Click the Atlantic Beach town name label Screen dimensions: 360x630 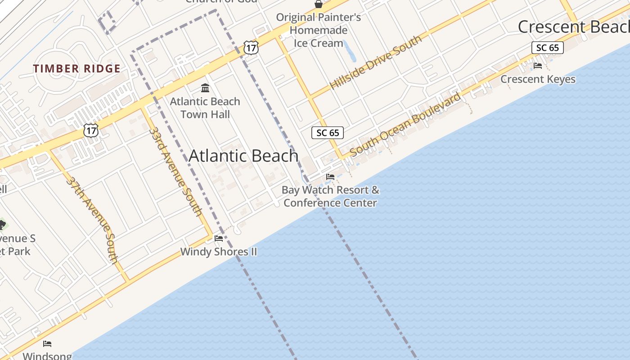pyautogui.click(x=243, y=156)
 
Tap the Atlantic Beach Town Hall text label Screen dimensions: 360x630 pyautogui.click(x=205, y=108)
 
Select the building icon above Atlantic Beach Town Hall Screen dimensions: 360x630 pyautogui.click(x=205, y=87)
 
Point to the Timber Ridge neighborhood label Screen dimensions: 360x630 pyautogui.click(x=76, y=69)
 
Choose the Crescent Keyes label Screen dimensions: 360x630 pyautogui.click(x=538, y=79)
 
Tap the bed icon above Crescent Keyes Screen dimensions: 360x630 pyautogui.click(x=538, y=66)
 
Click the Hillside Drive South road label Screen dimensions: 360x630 pyautogui.click(x=376, y=62)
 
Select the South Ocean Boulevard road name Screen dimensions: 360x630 pyautogui.click(x=405, y=125)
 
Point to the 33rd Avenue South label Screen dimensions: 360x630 pyautogui.click(x=175, y=171)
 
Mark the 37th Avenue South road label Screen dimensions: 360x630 pyautogui.click(x=92, y=220)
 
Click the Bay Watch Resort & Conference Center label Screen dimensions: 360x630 pyautogui.click(x=330, y=196)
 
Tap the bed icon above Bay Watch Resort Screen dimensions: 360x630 pyautogui.click(x=330, y=177)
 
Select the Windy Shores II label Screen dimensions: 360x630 pyautogui.click(x=219, y=252)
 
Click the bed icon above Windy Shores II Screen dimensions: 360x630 pyautogui.click(x=219, y=238)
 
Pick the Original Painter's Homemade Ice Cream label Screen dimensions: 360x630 pyautogui.click(x=319, y=30)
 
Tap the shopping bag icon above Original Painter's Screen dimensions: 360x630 pyautogui.click(x=319, y=4)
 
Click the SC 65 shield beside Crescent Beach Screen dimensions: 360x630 pyautogui.click(x=547, y=48)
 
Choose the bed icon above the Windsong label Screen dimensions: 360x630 pyautogui.click(x=47, y=344)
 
